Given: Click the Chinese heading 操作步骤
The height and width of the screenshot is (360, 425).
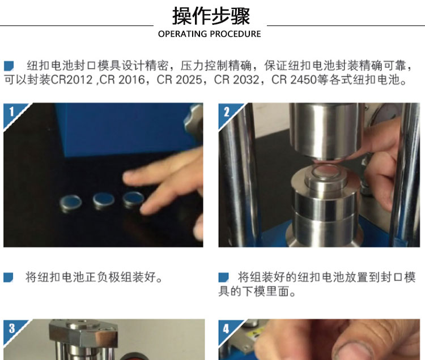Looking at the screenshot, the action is pos(211,16).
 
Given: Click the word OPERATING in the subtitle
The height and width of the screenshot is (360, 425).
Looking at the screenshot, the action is pos(182,34).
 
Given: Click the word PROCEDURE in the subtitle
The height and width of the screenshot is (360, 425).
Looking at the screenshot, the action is pos(235,34).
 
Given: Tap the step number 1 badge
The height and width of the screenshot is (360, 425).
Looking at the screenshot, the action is pos(12,112).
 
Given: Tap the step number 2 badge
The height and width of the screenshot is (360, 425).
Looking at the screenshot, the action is pos(227,112).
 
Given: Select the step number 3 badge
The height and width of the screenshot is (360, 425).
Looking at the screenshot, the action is pos(12,328).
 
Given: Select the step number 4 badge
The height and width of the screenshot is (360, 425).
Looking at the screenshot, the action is pos(226,329).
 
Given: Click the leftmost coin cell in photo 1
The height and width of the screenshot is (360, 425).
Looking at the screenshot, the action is pos(70,203).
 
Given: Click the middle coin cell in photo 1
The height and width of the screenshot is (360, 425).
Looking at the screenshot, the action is pos(103,200).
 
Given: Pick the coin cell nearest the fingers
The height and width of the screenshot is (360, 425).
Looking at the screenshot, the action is pos(133,199).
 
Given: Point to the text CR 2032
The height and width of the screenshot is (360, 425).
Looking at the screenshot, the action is pos(237,80).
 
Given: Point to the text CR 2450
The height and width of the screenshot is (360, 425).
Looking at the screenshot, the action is pos(294,80).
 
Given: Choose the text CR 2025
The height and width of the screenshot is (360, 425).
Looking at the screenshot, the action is pos(180,80).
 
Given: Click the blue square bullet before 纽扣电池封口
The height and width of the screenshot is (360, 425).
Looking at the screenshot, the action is pos(8,66).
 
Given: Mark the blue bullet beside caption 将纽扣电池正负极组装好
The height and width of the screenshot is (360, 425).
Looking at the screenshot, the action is pos(8,277).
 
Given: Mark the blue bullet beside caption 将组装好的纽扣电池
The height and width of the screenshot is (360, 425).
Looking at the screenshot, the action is pos(223,277).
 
